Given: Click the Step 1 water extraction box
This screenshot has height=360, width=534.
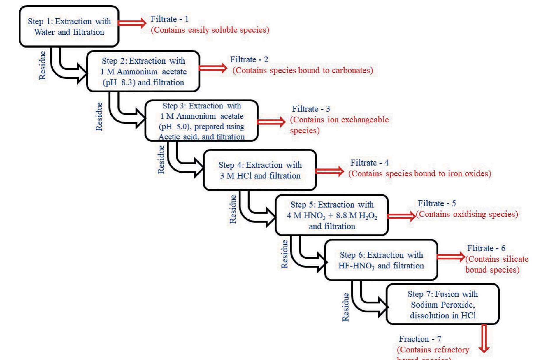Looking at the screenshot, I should pyautogui.click(x=69, y=27).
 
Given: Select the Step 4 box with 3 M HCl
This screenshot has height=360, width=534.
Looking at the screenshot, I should pyautogui.click(x=260, y=170).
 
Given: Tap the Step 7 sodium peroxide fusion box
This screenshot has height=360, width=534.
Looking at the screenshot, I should pyautogui.click(x=442, y=305).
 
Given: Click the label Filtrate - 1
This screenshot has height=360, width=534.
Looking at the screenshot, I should pyautogui.click(x=169, y=19).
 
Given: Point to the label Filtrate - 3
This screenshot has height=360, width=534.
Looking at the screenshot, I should pyautogui.click(x=311, y=109).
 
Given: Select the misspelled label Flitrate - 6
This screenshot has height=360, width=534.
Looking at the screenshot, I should pyautogui.click(x=486, y=248).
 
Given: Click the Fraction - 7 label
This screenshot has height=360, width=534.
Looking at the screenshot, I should pyautogui.click(x=420, y=339).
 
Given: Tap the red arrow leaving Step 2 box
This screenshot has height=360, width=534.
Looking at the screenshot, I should pyautogui.click(x=213, y=68).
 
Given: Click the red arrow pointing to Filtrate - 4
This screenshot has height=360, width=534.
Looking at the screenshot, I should pyautogui.click(x=330, y=171).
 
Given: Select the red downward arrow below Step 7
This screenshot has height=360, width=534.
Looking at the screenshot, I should pyautogui.click(x=484, y=338).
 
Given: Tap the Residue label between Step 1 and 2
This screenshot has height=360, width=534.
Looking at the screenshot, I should pyautogui.click(x=43, y=65).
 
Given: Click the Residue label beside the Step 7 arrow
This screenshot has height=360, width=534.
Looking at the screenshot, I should pyautogui.click(x=345, y=307).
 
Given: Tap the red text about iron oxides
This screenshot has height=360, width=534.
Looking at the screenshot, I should pyautogui.click(x=420, y=174).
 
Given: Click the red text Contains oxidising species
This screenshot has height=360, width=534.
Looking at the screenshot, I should pyautogui.click(x=467, y=214).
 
